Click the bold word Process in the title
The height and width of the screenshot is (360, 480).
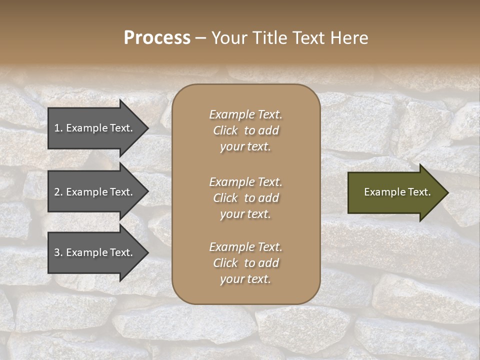pos(157,38)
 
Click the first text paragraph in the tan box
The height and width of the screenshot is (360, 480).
pos(245,130)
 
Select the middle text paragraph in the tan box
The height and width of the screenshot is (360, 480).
pos(245,198)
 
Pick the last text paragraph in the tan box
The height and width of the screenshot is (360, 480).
pos(245,263)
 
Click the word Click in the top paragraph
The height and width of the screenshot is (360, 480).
pos(225,130)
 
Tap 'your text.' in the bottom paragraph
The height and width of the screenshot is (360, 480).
pos(245,279)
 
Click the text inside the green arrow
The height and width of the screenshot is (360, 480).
pos(397,192)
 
